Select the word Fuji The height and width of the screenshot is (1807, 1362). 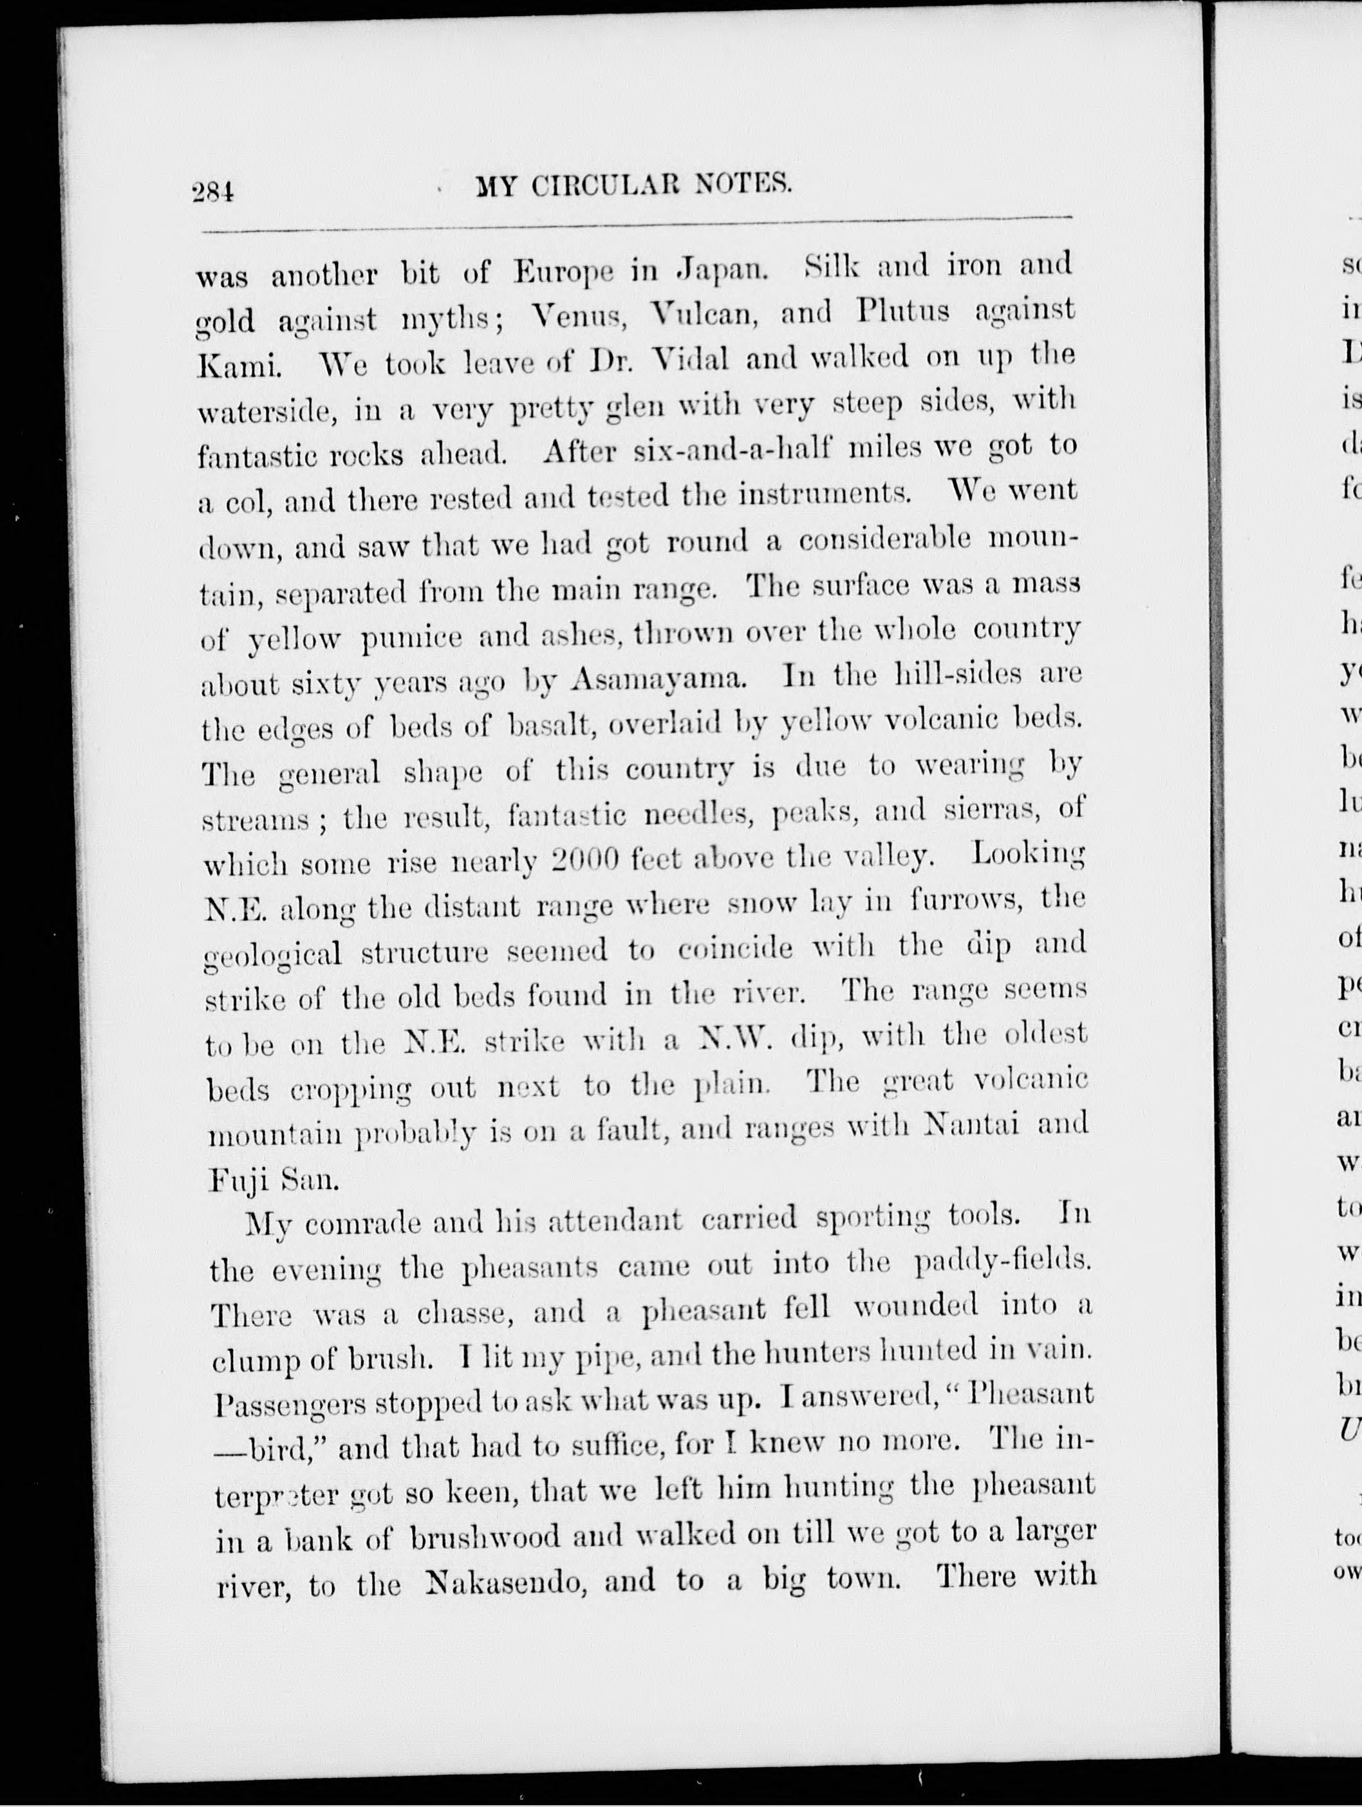(x=236, y=1180)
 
